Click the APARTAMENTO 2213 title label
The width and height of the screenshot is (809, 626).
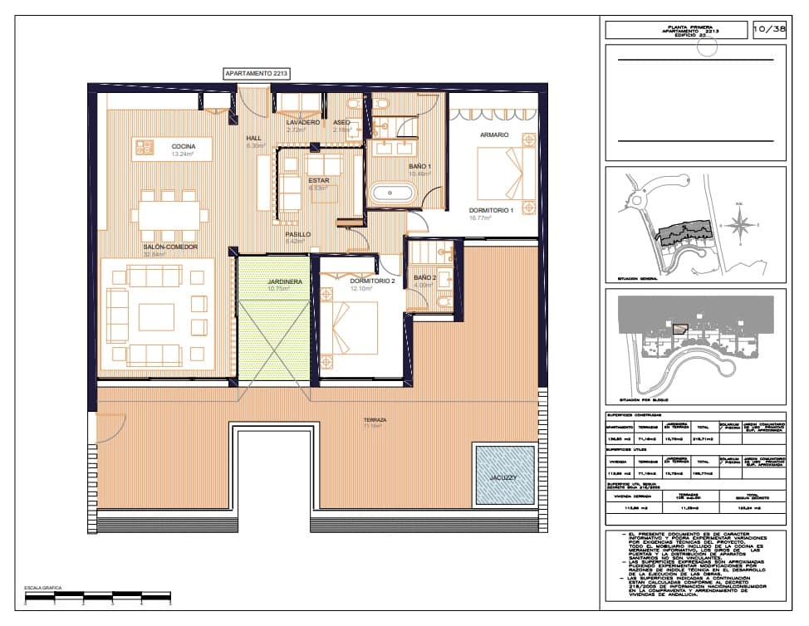tap(256, 74)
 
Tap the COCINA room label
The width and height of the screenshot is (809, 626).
tap(184, 147)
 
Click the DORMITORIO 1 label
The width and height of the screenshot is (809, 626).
tap(492, 211)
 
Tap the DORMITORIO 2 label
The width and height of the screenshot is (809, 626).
tap(370, 281)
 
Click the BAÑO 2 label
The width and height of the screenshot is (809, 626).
tap(424, 277)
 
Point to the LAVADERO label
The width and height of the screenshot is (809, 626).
tap(302, 122)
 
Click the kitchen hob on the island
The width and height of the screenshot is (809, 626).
tap(145, 148)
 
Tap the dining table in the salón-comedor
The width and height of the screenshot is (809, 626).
tap(169, 214)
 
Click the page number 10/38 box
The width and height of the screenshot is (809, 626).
tap(769, 30)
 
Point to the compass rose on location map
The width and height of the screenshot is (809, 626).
tap(744, 223)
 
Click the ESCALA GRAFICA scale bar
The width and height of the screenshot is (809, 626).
tap(98, 595)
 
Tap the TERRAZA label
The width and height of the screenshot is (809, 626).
tap(375, 420)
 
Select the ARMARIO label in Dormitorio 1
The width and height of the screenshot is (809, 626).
tap(494, 134)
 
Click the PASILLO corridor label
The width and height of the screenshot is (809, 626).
tap(298, 234)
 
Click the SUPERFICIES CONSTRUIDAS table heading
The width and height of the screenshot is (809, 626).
tap(635, 415)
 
